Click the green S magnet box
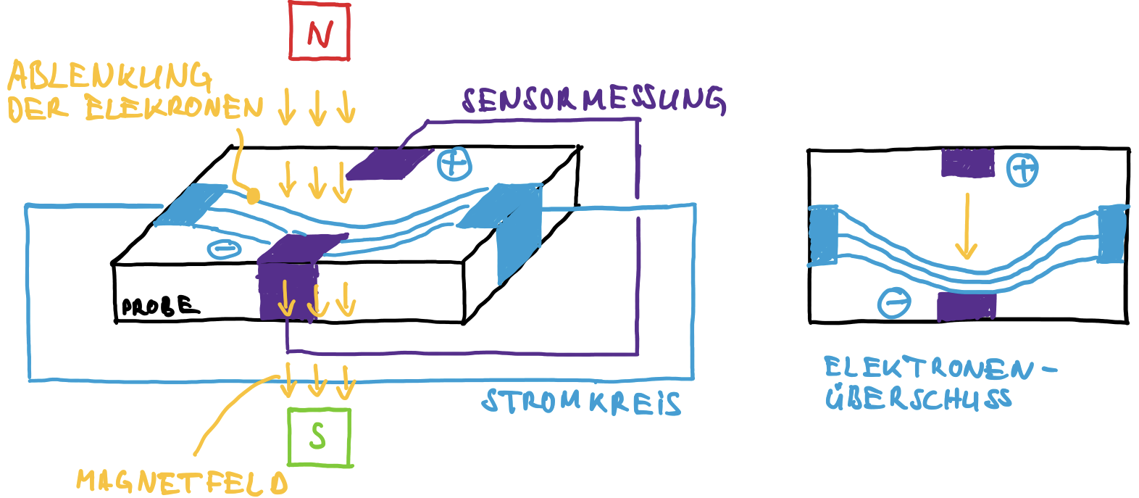point(319,436)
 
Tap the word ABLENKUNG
point(109,76)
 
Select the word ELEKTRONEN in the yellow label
point(174,109)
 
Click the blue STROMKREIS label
point(581,402)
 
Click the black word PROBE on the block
point(159,306)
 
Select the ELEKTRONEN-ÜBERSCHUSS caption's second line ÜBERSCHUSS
point(918,399)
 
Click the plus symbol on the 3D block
point(454,163)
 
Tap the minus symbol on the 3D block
point(225,249)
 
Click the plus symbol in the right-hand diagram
point(1022,170)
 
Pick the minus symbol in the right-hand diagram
point(894,302)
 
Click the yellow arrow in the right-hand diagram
point(966,225)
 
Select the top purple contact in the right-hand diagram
point(967,163)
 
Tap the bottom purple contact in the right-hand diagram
point(966,307)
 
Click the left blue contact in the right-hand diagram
point(823,236)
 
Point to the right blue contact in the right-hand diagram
point(1112,233)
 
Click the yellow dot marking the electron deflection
point(253,196)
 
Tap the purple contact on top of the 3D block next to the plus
point(389,164)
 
